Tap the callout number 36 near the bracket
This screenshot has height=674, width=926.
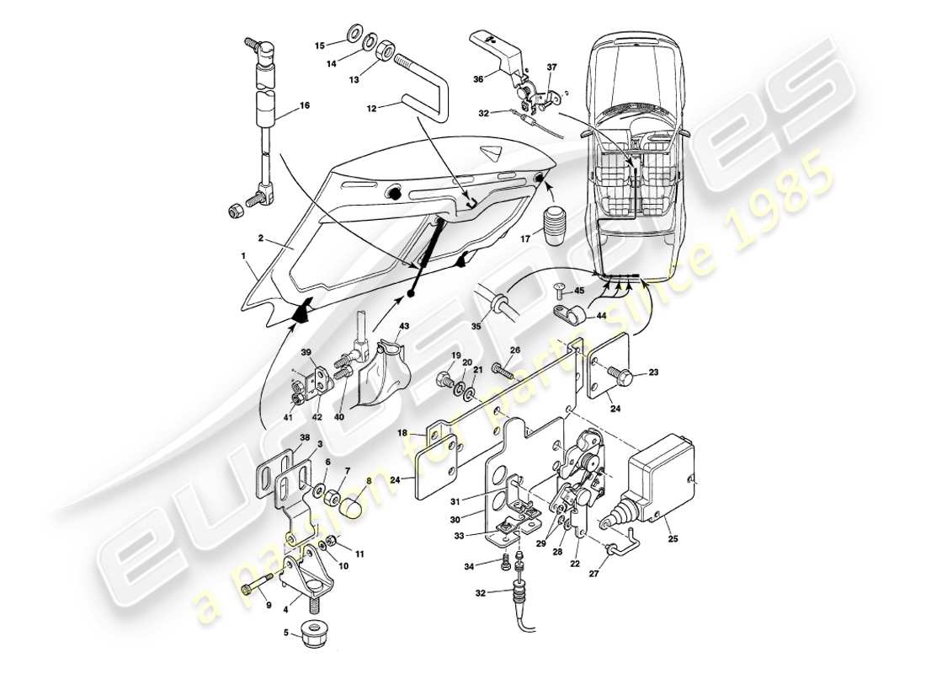click(x=479, y=79)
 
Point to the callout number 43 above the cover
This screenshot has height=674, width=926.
click(x=404, y=326)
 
